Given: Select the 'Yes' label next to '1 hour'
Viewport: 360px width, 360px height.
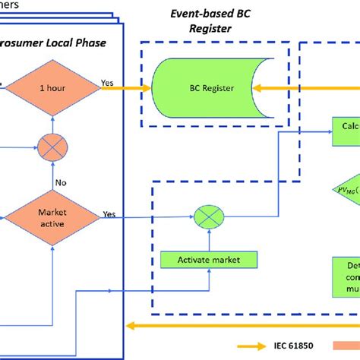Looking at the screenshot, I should click(109, 80).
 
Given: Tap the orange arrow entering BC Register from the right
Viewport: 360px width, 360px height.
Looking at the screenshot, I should click(304, 88).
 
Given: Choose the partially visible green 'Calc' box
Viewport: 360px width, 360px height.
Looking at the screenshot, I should click(346, 128).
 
